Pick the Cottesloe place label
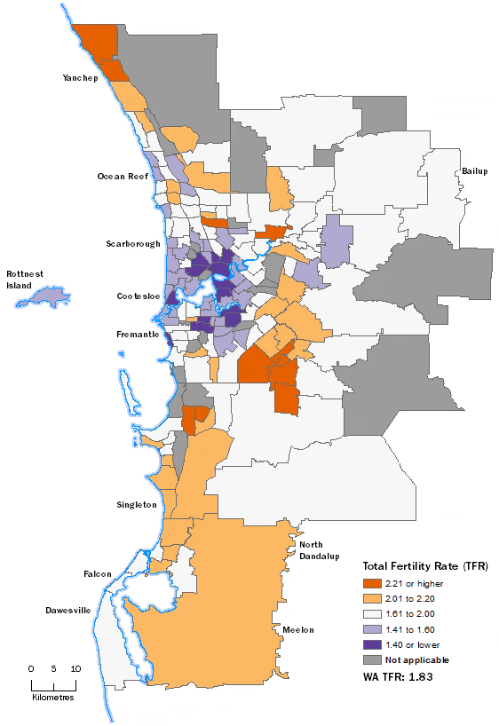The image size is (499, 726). pos(138,296)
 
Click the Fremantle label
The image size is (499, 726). pos(138,335)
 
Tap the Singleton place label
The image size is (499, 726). pos(136,505)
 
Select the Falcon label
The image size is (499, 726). pos(97,573)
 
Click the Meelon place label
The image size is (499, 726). pos(298,629)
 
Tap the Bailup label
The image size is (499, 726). pos(475,170)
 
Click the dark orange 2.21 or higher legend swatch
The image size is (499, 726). pos(370,583)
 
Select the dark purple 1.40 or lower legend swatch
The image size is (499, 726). pos(370,644)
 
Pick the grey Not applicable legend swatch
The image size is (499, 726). pos(370,659)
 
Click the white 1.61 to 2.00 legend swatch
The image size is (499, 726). pos(370,614)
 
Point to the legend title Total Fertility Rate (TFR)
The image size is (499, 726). pos(424,565)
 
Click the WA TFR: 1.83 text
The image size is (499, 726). pos(404,678)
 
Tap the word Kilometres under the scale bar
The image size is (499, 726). pos(52,698)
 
